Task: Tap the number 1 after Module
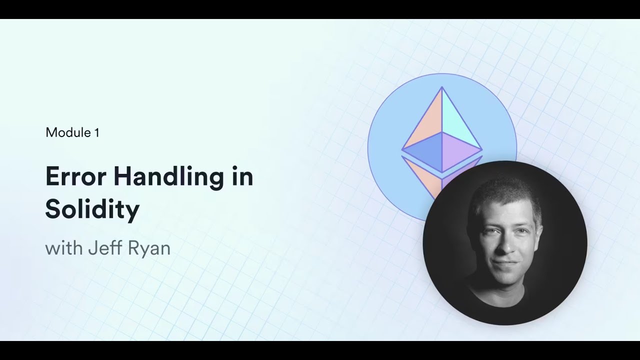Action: pyautogui.click(x=96, y=132)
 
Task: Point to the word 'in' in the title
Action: pyautogui.click(x=242, y=177)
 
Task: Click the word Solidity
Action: pyautogui.click(x=92, y=210)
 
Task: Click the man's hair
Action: pyautogui.click(x=505, y=192)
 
